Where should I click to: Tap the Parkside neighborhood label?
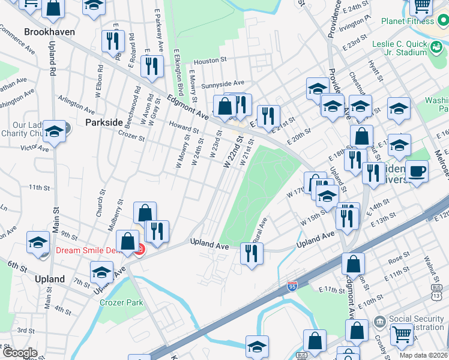pos(104,122)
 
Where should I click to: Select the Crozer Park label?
pos(122,302)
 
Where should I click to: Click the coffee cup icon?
pos(417,171)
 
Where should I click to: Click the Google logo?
pos(20,353)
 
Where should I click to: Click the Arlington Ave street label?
pos(76,104)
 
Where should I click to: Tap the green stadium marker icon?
pos(437,46)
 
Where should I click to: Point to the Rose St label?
pos(399,260)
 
